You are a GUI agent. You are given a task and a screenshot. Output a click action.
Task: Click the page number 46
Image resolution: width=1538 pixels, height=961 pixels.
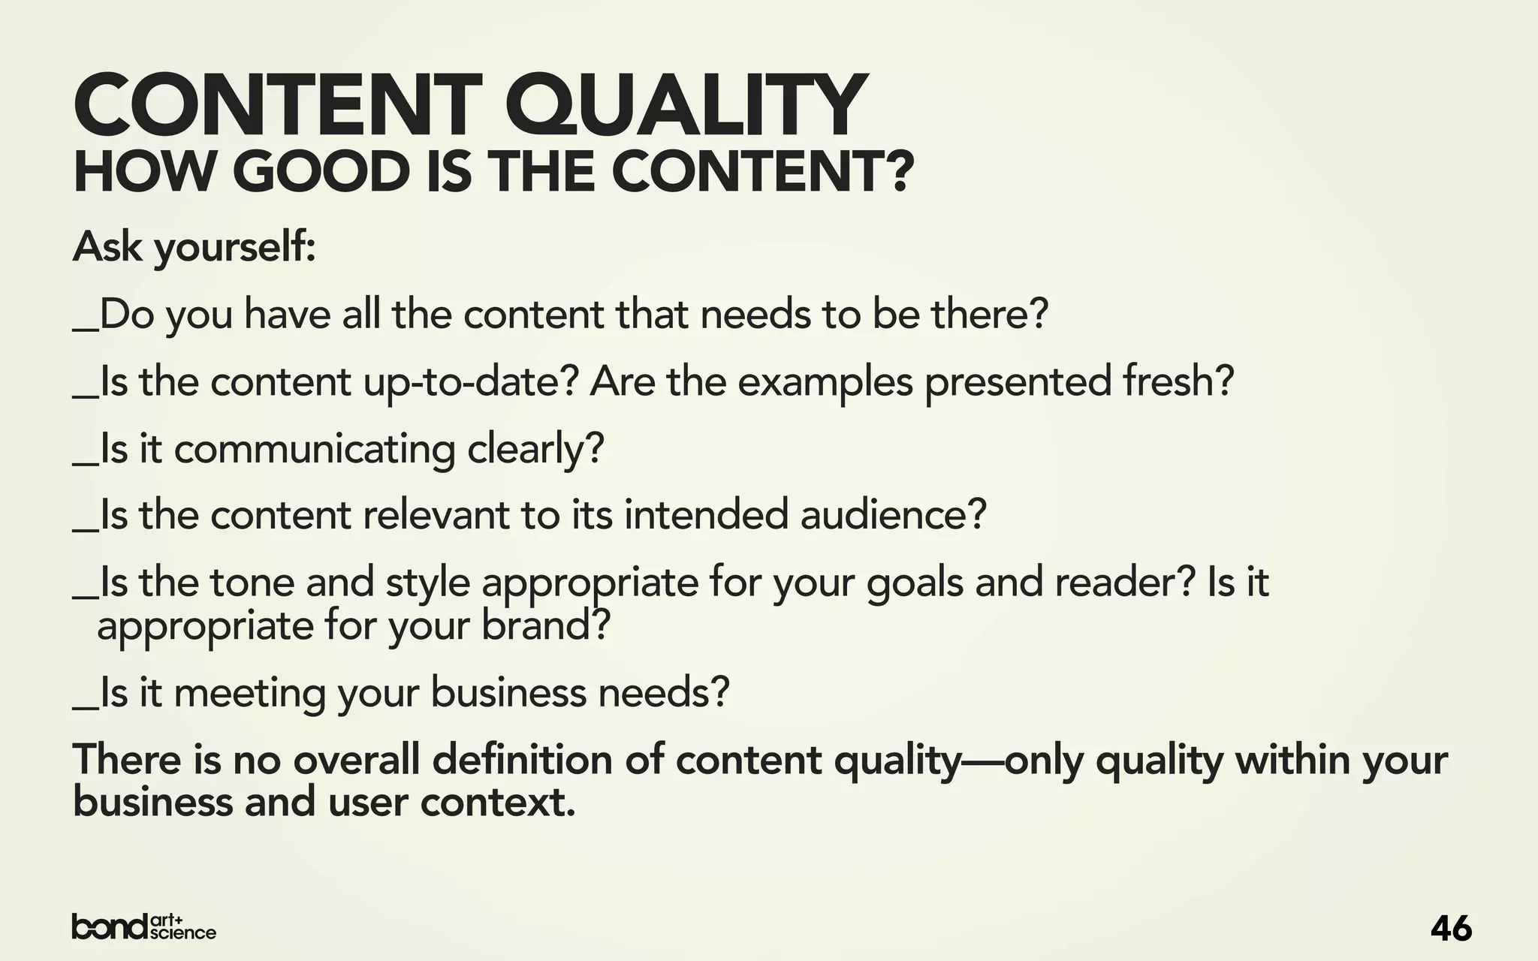1451,929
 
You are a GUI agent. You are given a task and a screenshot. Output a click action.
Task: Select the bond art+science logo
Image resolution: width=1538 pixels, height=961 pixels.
143,927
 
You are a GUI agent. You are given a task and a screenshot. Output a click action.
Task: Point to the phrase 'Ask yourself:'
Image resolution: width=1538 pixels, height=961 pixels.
194,247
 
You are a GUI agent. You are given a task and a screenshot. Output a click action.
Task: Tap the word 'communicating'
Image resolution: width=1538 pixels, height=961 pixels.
315,449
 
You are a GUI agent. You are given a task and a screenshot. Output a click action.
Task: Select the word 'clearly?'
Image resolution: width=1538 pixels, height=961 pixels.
535,449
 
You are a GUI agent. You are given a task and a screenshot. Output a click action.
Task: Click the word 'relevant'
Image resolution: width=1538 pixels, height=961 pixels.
436,515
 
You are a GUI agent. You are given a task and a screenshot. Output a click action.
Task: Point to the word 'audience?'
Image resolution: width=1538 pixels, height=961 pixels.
892,515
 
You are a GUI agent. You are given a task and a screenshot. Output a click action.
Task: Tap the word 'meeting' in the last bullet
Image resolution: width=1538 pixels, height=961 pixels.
250,692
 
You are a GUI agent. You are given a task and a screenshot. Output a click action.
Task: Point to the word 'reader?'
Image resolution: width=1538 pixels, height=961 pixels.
1123,583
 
